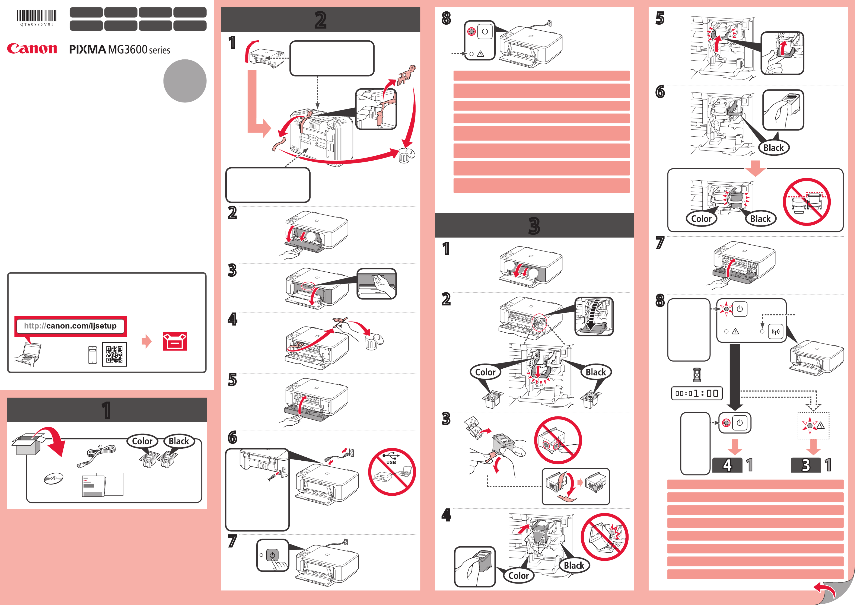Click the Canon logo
pyautogui.click(x=32, y=48)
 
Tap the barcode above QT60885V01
pyautogui.click(x=37, y=16)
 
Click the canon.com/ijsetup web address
pyautogui.click(x=70, y=326)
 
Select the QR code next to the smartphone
pyautogui.click(x=114, y=354)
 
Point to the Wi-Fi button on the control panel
pyautogui.click(x=776, y=331)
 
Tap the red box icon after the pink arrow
pyautogui.click(x=175, y=341)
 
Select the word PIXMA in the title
pyautogui.click(x=88, y=50)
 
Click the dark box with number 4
pyautogui.click(x=727, y=465)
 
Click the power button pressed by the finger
pyautogui.click(x=272, y=555)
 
